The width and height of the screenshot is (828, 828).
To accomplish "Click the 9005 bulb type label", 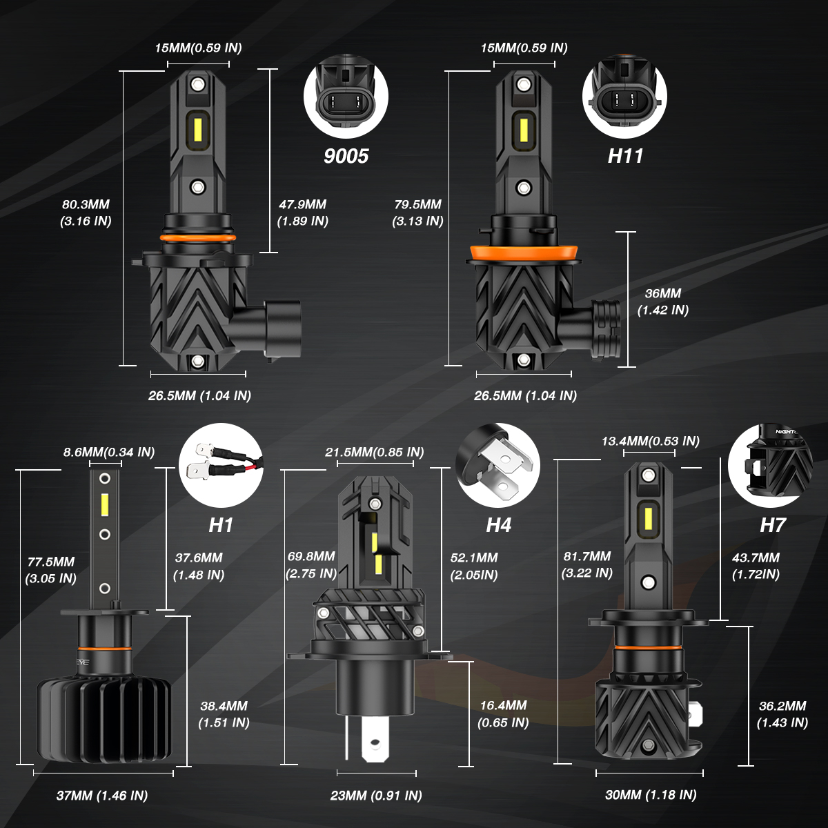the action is click(346, 156).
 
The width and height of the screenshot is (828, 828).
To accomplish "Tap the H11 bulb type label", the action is click(625, 156).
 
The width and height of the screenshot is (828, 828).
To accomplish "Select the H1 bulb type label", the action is click(221, 525).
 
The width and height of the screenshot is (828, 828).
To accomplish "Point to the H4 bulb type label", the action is click(498, 525).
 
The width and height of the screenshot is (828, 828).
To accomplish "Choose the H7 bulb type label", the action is click(773, 525).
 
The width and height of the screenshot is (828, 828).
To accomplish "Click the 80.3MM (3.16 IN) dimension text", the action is click(86, 213).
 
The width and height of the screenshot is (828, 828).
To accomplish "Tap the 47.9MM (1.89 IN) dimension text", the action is click(302, 213).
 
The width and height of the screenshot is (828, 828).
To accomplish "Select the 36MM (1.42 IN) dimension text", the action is click(663, 302).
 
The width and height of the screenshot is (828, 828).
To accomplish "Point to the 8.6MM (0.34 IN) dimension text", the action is click(109, 452).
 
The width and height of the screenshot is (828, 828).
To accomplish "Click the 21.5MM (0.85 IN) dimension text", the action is click(374, 452).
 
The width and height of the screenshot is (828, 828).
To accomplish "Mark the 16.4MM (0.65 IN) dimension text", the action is click(503, 713).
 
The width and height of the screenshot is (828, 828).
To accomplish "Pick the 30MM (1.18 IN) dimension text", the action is click(651, 795).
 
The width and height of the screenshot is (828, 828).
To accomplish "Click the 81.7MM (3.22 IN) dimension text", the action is click(587, 564).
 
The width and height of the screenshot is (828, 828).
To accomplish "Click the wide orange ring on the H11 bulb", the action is click(523, 253).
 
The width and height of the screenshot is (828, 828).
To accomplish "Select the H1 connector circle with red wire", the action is click(221, 466).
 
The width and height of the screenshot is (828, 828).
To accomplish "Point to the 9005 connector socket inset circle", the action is click(346, 96).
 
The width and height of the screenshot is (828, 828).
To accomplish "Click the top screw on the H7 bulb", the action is click(647, 475).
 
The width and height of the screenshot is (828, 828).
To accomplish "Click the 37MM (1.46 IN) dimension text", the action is click(102, 796).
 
